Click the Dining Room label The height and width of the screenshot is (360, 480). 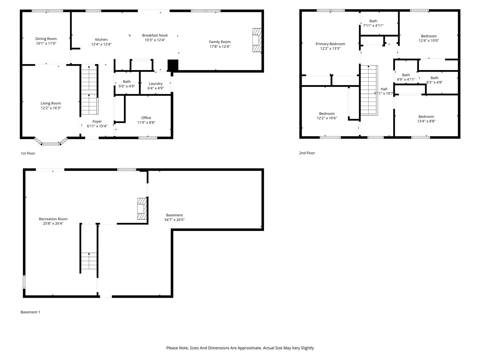pos(46,39)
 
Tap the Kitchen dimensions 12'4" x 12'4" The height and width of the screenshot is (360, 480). pos(101,44)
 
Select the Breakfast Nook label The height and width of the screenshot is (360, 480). pos(155,35)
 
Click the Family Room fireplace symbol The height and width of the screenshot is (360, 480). pos(256,40)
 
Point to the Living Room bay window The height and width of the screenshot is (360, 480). pos(51,142)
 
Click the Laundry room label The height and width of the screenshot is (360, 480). pos(156,84)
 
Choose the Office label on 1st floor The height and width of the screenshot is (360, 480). pos(146,118)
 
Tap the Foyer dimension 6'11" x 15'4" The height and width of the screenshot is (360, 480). pos(97,126)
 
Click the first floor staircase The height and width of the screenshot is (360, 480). pos(89,90)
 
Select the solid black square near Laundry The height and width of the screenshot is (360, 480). pos(173,65)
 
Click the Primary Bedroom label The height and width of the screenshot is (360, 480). pos(330,44)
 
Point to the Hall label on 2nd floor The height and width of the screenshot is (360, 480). pos(384,89)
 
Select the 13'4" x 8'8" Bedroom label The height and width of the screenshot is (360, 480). pos(426,117)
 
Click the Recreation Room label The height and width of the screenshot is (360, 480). pos(53,219)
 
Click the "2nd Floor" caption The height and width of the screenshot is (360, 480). pos(307,153)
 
